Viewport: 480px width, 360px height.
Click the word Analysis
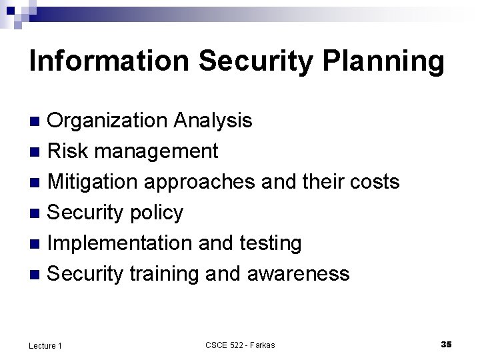tap(213, 121)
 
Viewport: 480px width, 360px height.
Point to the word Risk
tap(68, 151)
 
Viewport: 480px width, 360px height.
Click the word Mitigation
tap(93, 183)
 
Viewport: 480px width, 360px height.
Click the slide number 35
tap(446, 344)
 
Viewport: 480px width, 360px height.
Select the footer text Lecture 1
tap(45, 345)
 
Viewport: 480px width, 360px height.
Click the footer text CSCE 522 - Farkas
tap(240, 345)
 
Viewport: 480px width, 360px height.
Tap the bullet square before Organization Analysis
tap(37, 121)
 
